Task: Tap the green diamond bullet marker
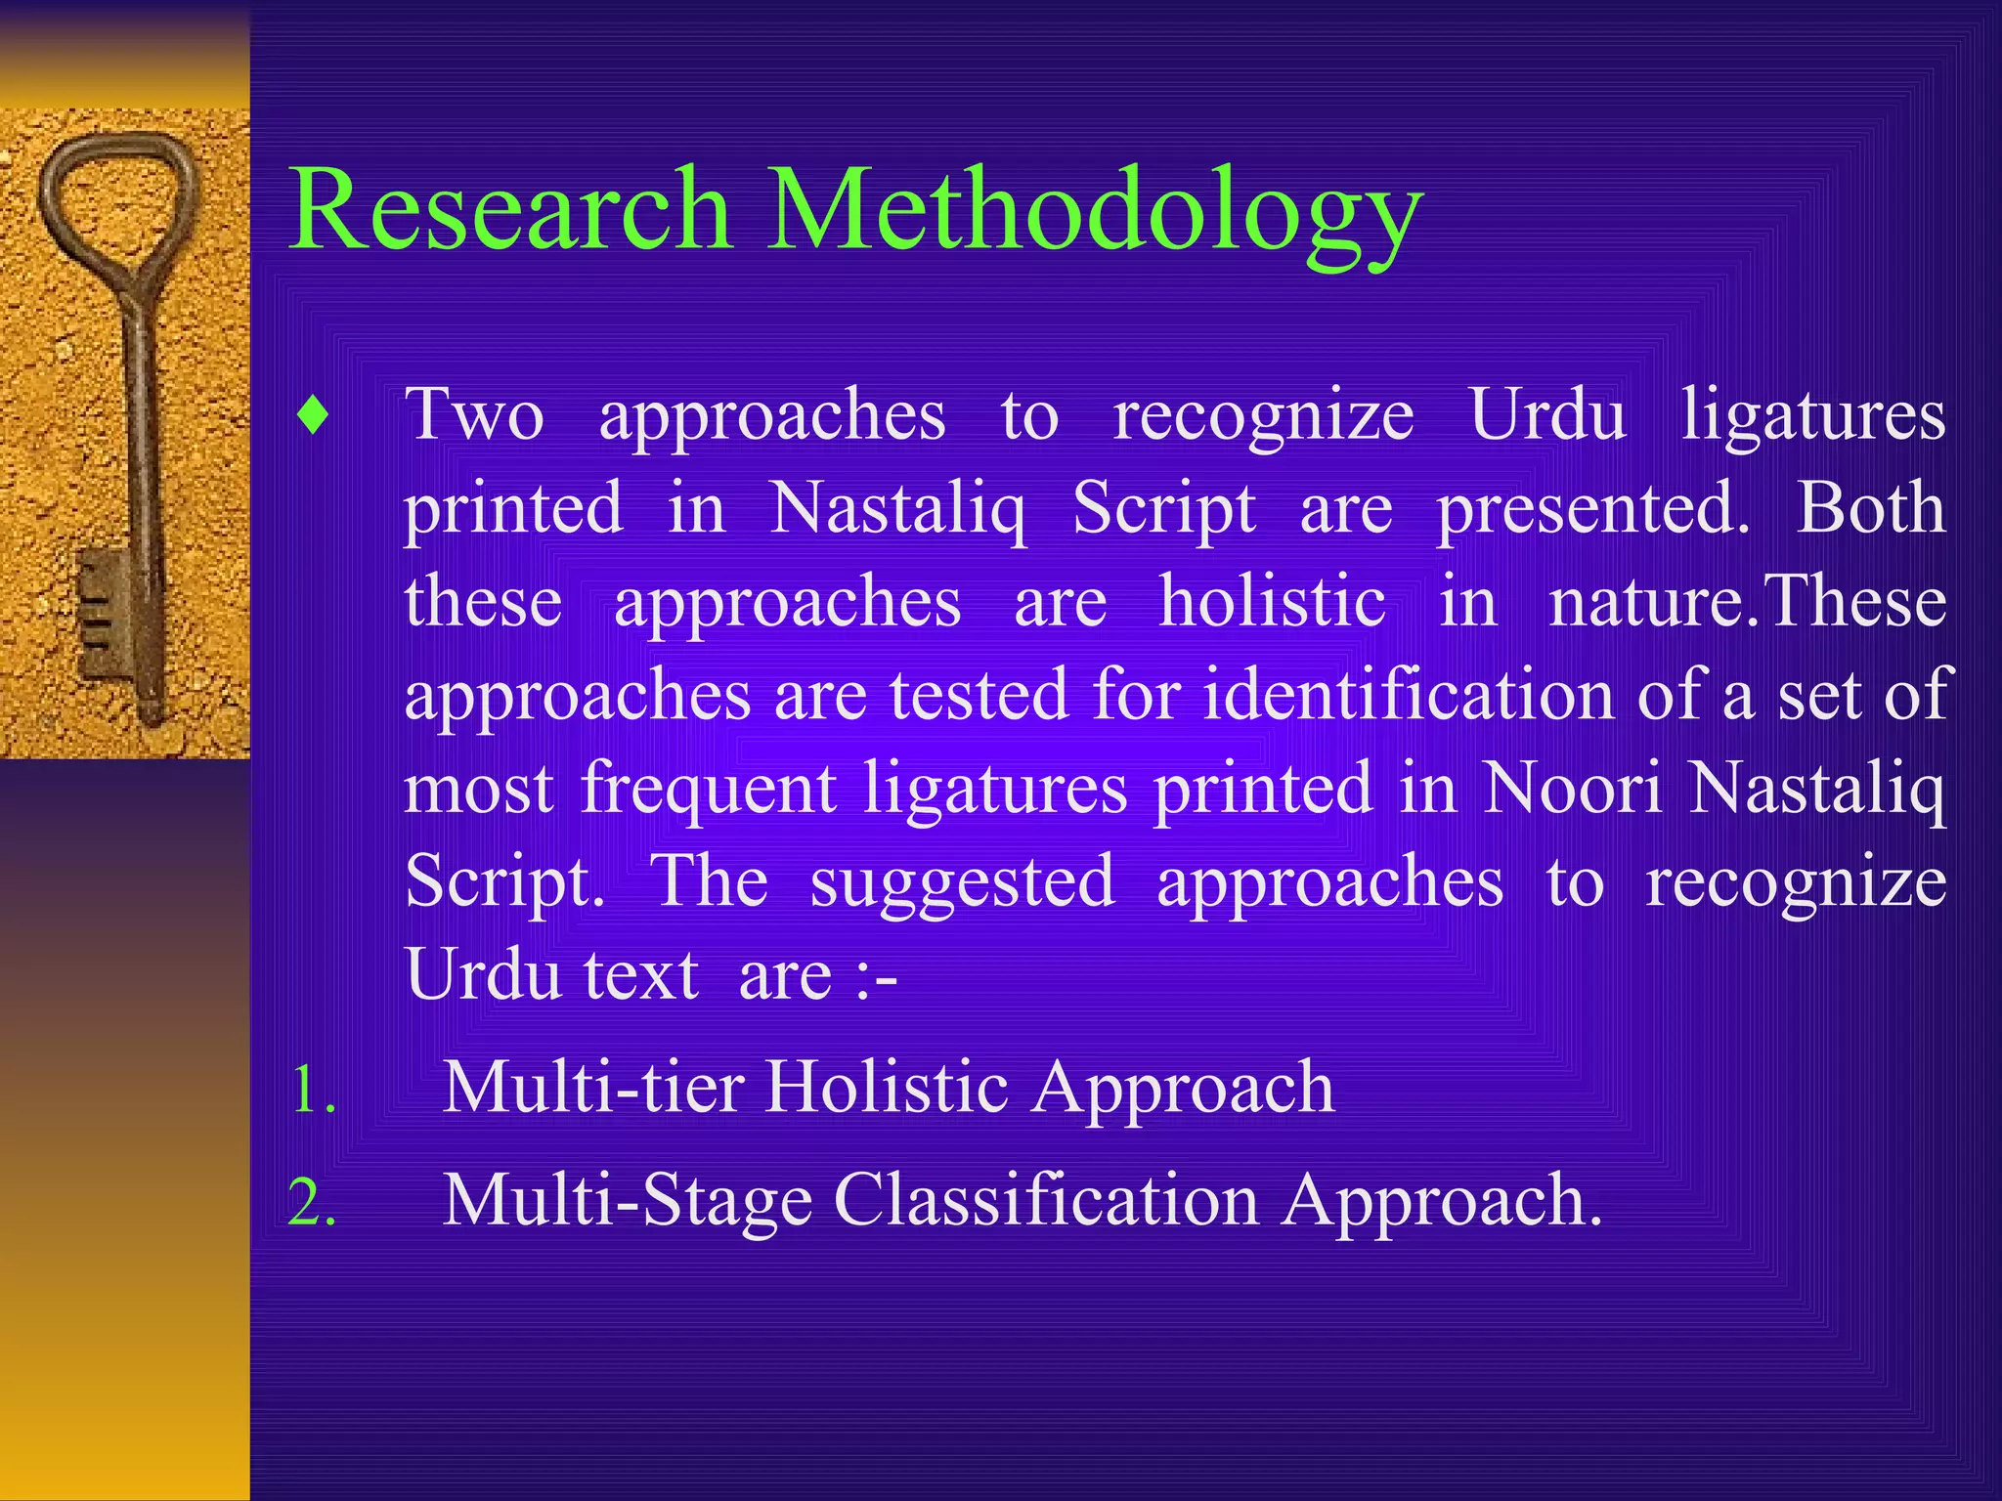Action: click(x=313, y=417)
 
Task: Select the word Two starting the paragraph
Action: click(x=474, y=415)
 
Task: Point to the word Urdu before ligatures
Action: click(x=1547, y=415)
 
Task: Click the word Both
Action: click(x=1870, y=508)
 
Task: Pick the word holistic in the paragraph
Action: click(x=1272, y=601)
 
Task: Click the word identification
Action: click(x=1409, y=695)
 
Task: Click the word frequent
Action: click(x=709, y=788)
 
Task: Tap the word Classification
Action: click(x=1046, y=1200)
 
